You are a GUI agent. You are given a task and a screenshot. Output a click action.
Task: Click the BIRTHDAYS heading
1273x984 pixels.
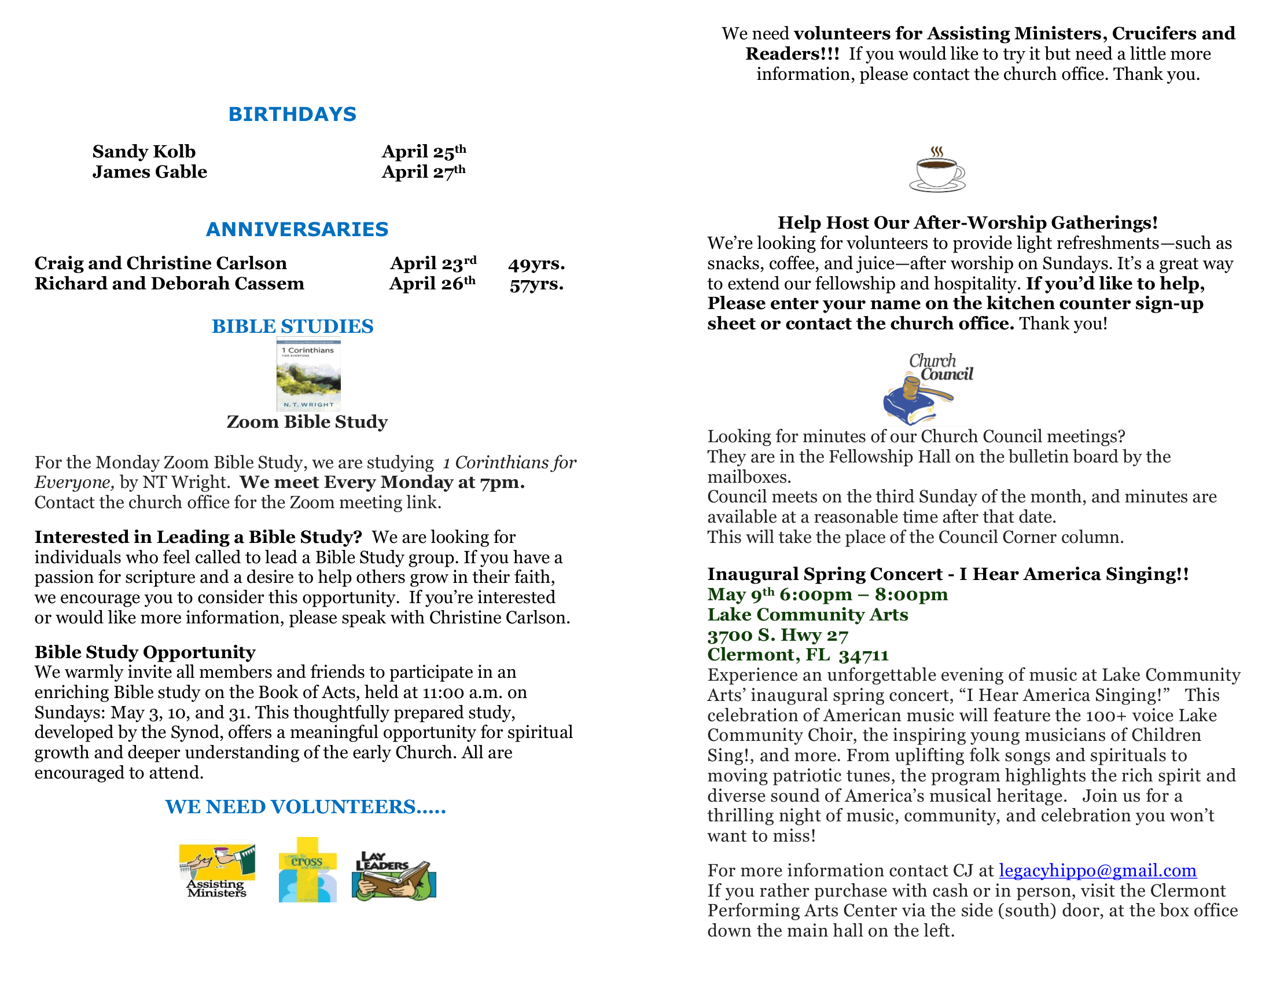[x=292, y=114]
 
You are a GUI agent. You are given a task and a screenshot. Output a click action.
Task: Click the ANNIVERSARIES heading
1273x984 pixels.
[x=297, y=229]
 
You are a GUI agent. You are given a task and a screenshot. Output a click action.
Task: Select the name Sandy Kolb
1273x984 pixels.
[x=144, y=152]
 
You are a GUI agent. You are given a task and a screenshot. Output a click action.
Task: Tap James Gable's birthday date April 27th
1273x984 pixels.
[x=424, y=172]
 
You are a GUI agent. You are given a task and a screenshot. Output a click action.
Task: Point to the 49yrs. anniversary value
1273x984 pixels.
[x=536, y=264]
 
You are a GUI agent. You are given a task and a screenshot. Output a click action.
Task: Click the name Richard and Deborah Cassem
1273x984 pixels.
[x=169, y=284]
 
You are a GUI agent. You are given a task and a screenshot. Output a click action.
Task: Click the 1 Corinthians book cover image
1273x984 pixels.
[x=308, y=375]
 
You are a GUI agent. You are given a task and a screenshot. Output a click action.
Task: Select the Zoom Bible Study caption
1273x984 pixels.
[x=307, y=422]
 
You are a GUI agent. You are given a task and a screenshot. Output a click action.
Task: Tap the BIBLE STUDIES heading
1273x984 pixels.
[x=292, y=326]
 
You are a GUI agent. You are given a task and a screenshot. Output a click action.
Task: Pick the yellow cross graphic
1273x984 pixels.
[x=307, y=869]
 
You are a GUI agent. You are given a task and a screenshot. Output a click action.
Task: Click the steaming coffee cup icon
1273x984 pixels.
[x=937, y=170]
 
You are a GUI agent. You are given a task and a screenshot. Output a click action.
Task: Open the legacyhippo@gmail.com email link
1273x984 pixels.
[x=1098, y=871]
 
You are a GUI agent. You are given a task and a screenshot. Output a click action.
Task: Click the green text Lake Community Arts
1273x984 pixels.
[x=807, y=615]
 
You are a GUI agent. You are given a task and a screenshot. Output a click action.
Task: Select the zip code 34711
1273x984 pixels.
[x=864, y=655]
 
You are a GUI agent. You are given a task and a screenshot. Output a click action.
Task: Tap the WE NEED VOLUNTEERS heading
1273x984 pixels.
[x=306, y=807]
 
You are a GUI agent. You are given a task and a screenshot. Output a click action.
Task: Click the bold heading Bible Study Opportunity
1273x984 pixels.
[x=145, y=652]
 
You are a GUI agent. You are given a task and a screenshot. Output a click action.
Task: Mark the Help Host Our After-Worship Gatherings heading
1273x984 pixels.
[x=967, y=223]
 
